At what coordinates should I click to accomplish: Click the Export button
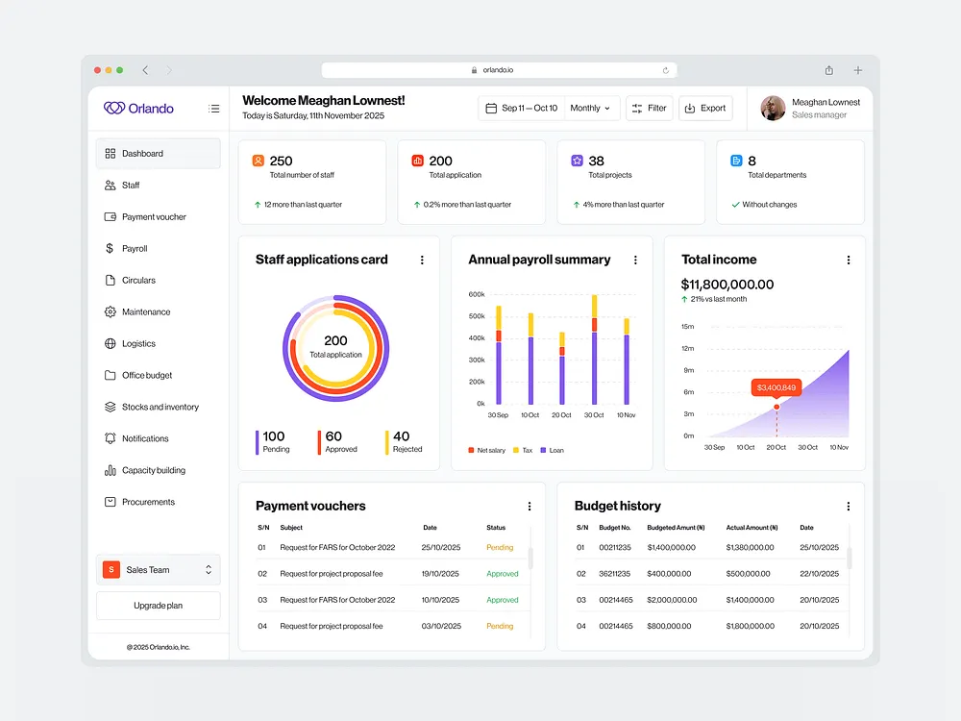tap(705, 109)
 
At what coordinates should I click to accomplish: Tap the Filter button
tap(650, 109)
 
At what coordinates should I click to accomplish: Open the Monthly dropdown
tap(590, 109)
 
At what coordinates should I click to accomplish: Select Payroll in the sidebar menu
tap(135, 249)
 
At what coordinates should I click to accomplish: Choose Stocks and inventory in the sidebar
tap(160, 408)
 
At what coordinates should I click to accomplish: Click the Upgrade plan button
tap(158, 606)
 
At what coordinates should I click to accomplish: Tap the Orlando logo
tap(139, 109)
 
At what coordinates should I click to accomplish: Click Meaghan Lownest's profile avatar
tap(773, 109)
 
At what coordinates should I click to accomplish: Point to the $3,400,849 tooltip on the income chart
tap(776, 387)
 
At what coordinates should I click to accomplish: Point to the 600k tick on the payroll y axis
tap(477, 294)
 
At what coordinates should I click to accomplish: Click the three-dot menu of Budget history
tap(848, 507)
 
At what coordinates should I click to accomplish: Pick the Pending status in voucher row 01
tap(500, 548)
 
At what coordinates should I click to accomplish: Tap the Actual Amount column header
tap(752, 528)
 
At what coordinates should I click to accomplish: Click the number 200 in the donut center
tap(335, 340)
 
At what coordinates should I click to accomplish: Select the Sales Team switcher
tap(158, 570)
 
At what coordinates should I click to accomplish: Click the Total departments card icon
tap(736, 161)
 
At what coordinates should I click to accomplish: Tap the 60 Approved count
tap(333, 437)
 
